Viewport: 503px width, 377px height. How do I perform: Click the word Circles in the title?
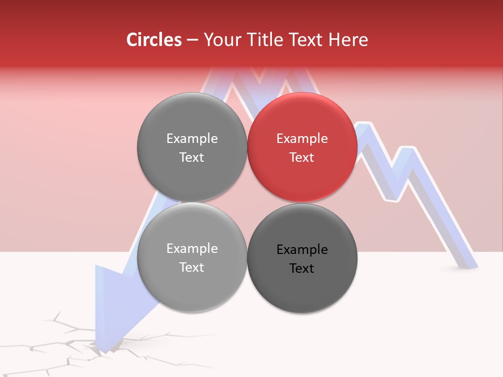(154, 40)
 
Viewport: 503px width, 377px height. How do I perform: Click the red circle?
(302, 147)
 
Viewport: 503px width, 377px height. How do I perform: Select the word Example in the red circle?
(302, 139)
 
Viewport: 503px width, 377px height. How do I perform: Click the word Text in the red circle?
(302, 158)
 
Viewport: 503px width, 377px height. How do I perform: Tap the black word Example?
(302, 250)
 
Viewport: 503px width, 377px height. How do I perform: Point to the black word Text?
(302, 269)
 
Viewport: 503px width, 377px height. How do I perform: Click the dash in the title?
(192, 40)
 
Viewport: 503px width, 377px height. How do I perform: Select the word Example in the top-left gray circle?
(192, 139)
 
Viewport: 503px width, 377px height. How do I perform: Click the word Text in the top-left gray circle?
(192, 158)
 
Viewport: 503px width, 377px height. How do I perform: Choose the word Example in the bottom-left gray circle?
(192, 249)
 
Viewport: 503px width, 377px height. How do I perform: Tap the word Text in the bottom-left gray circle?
(192, 268)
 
